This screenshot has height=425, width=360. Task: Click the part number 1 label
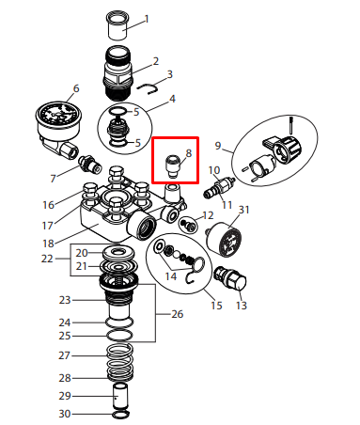(147, 20)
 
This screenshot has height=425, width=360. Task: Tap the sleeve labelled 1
(117, 25)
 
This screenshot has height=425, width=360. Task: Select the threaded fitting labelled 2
(117, 73)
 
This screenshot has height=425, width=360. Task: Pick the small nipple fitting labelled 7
(89, 165)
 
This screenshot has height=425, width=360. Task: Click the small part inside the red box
(172, 165)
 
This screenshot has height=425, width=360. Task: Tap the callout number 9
(218, 146)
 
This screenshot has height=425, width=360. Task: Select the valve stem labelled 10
(219, 187)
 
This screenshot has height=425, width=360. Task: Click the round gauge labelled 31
(224, 240)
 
